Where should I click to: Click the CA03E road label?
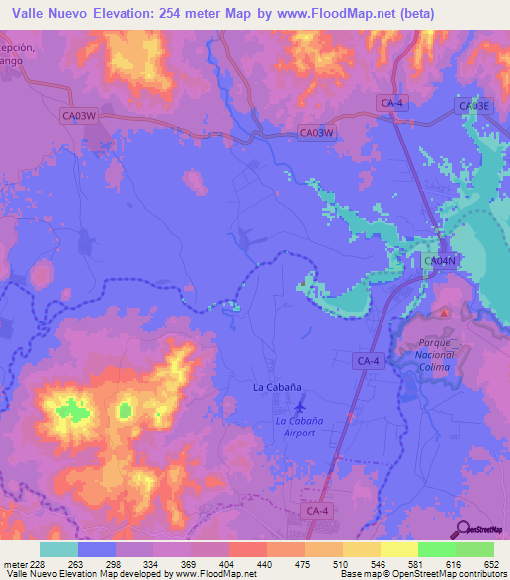click(x=474, y=105)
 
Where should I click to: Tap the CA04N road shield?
click(x=439, y=261)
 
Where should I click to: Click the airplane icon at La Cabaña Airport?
click(x=302, y=406)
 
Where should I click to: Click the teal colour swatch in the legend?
click(x=59, y=549)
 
